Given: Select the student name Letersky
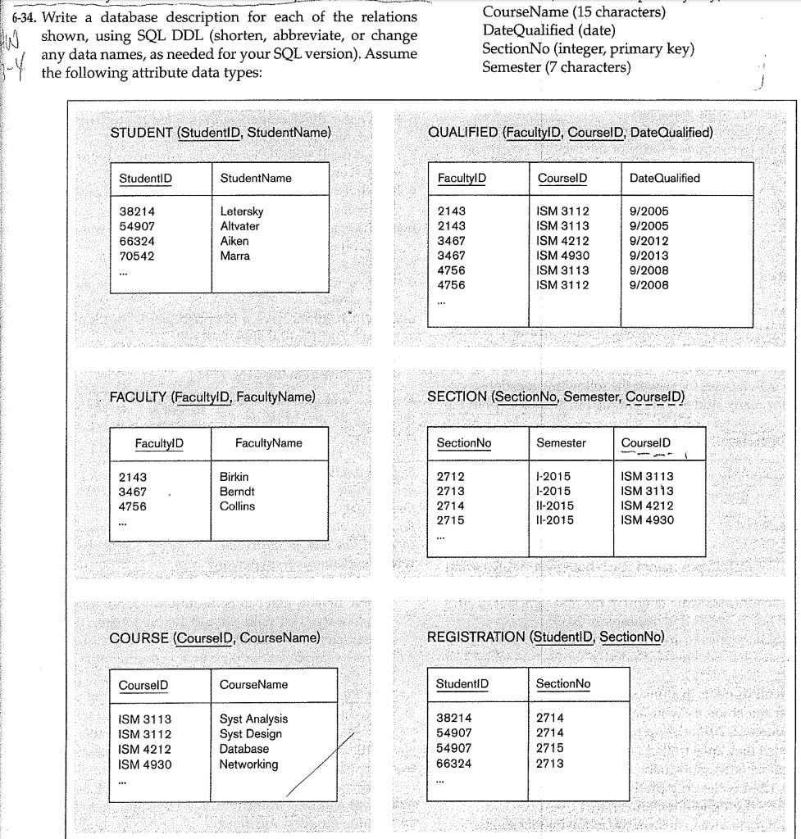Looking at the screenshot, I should (242, 211).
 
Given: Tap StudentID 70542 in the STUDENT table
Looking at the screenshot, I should (137, 256).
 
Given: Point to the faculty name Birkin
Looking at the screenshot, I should (234, 476).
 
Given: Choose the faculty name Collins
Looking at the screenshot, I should (237, 506).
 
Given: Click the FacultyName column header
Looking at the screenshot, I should (268, 443).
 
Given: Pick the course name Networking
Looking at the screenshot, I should (248, 764).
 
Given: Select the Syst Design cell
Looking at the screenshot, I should (250, 734).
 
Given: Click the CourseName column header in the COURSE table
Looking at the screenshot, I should (253, 684).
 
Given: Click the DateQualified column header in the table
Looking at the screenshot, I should (665, 178).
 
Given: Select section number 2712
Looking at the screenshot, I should (451, 476).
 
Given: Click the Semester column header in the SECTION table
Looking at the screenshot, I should (561, 443).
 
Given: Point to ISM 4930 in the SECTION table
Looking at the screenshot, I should (648, 520).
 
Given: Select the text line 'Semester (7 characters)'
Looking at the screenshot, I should (557, 66).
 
